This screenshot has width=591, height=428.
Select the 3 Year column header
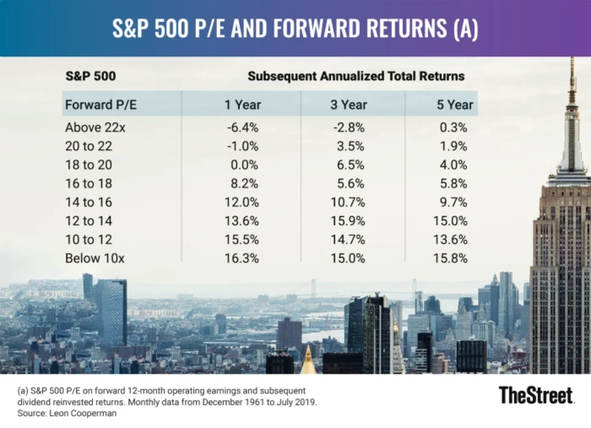coord(348,104)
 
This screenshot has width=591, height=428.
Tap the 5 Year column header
coord(454,104)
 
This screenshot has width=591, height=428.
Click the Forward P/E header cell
coord(96,104)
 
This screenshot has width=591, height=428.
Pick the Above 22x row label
coord(95,128)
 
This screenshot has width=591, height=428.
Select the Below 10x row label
coord(95,258)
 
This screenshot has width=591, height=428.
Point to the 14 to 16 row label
coord(89,202)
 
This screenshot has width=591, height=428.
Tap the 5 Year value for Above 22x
coord(454,128)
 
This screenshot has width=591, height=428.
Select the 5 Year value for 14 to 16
coord(454,202)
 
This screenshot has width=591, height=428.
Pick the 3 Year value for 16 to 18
coord(351,183)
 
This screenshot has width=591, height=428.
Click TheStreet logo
coord(536,395)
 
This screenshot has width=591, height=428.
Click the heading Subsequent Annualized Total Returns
coord(356,76)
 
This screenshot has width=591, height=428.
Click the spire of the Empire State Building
coord(572,79)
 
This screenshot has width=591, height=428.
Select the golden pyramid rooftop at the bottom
coord(308,362)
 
